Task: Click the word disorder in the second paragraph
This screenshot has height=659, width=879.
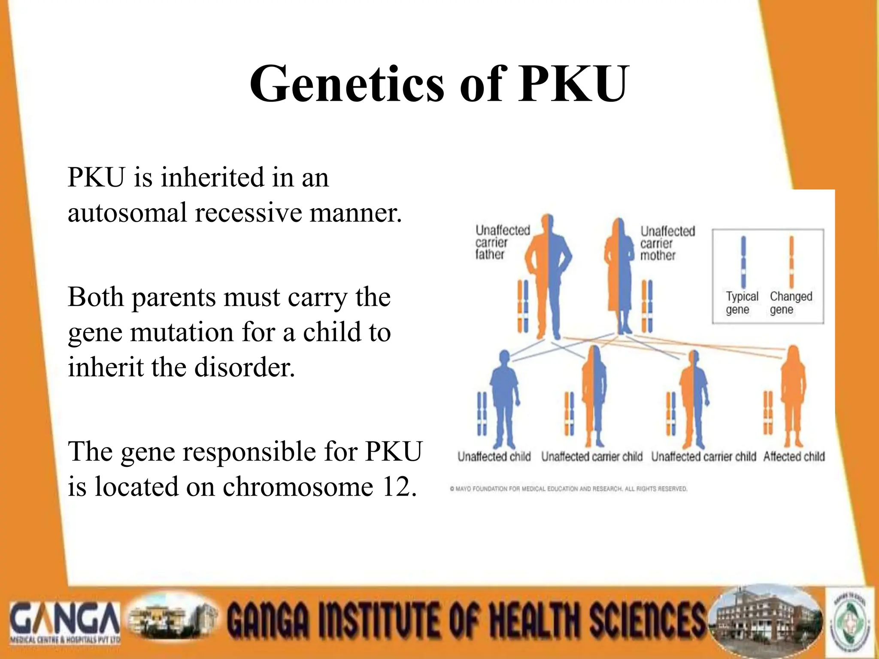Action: [x=245, y=368]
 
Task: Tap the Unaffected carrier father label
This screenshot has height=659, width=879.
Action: [x=502, y=242]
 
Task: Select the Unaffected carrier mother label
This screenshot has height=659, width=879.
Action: [x=667, y=243]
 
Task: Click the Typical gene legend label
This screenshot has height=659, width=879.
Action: [x=742, y=303]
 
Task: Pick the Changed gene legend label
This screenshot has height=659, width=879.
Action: [x=791, y=303]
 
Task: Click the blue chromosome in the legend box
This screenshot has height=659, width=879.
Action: [x=743, y=262]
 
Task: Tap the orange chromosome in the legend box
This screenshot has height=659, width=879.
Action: [x=791, y=262]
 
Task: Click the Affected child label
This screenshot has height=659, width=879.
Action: [x=794, y=456]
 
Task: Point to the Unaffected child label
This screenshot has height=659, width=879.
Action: [x=494, y=456]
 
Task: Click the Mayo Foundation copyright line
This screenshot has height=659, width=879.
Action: [x=568, y=489]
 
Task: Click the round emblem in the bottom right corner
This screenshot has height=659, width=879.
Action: [x=851, y=622]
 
